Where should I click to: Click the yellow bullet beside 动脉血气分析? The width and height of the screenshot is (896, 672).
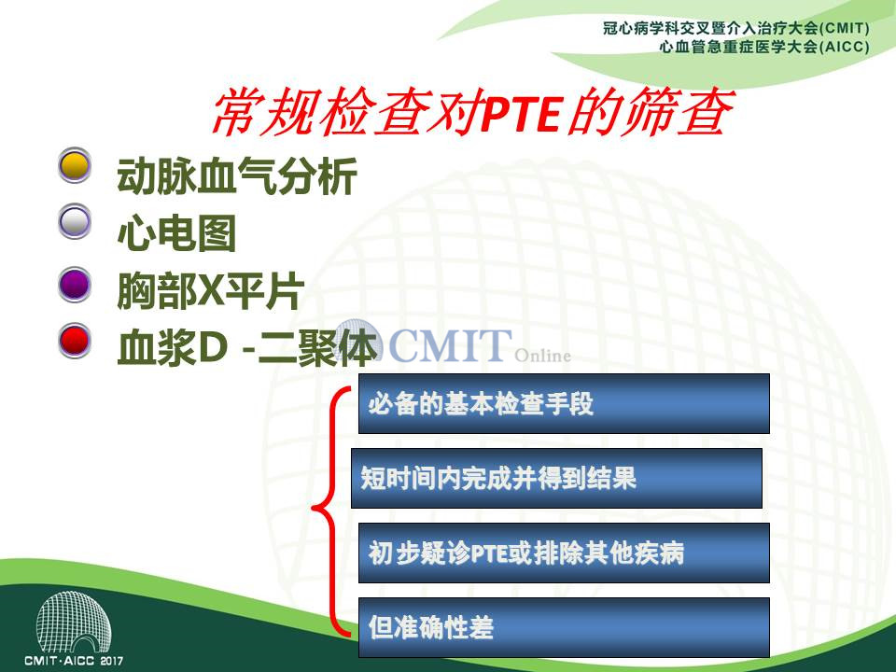click(x=75, y=165)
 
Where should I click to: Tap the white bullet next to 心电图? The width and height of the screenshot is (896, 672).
click(x=75, y=221)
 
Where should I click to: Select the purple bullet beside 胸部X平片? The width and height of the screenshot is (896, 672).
click(x=75, y=285)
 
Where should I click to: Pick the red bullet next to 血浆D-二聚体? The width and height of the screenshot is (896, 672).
click(x=75, y=341)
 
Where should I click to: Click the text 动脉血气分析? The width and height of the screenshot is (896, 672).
click(x=237, y=175)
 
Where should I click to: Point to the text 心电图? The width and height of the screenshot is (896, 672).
click(x=176, y=233)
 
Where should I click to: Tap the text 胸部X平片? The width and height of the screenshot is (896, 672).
click(x=210, y=291)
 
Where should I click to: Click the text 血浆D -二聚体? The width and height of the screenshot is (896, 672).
click(x=246, y=347)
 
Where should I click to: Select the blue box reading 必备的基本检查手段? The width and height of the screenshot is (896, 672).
click(x=564, y=403)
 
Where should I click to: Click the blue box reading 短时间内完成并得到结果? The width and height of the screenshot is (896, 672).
click(x=556, y=478)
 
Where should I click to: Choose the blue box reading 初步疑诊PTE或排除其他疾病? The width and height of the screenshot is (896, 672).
click(x=564, y=553)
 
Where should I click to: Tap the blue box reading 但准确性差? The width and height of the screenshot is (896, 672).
click(x=564, y=627)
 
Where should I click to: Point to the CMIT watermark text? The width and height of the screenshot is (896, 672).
click(x=450, y=345)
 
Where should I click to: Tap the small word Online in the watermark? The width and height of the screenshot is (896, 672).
click(x=543, y=356)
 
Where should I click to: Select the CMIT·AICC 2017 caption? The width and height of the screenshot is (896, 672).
click(x=74, y=661)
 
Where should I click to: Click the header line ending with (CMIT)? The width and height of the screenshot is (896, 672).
click(x=736, y=28)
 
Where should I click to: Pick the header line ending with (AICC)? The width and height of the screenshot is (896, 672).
click(x=764, y=47)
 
